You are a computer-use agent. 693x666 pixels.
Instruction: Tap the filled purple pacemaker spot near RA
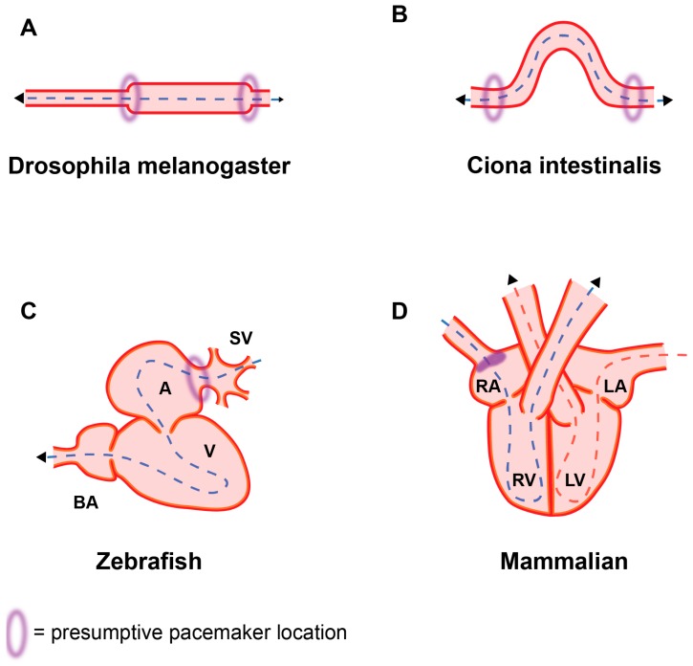pos(489,361)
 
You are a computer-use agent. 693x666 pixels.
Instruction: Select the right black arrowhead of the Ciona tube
pos(666,99)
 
